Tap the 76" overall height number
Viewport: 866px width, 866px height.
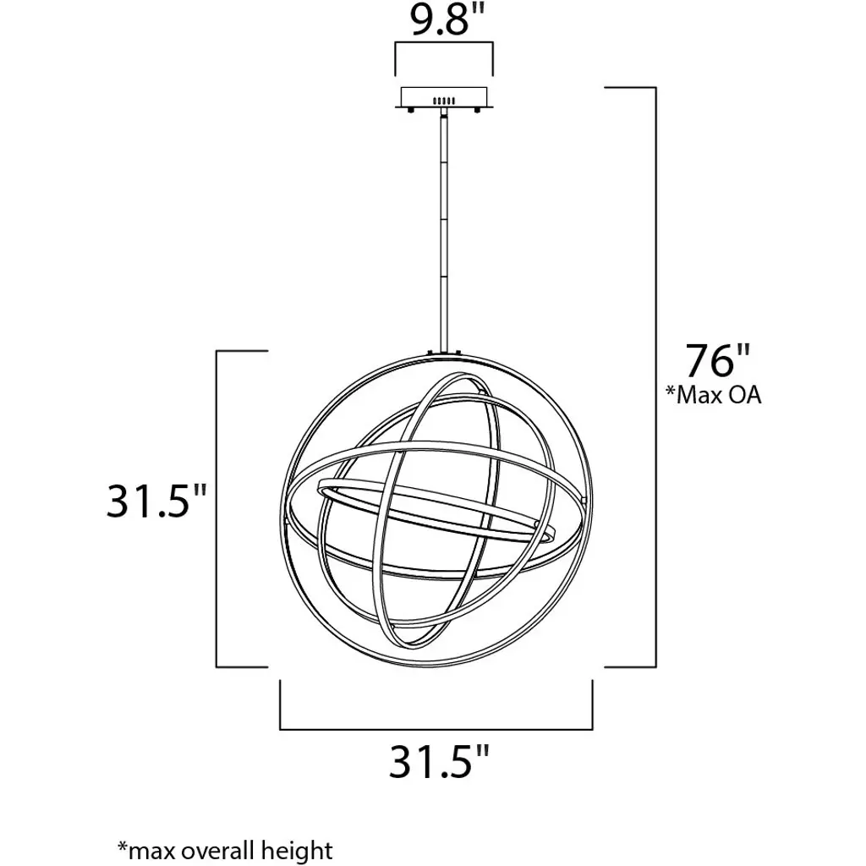(x=717, y=360)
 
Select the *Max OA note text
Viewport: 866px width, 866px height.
(x=713, y=395)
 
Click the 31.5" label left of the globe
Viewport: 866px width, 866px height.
(x=156, y=501)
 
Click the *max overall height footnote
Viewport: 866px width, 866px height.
(x=225, y=851)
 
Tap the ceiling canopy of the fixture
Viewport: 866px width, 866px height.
(x=444, y=98)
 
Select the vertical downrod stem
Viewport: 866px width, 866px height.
(x=444, y=232)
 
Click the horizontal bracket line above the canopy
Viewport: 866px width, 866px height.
(x=444, y=43)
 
